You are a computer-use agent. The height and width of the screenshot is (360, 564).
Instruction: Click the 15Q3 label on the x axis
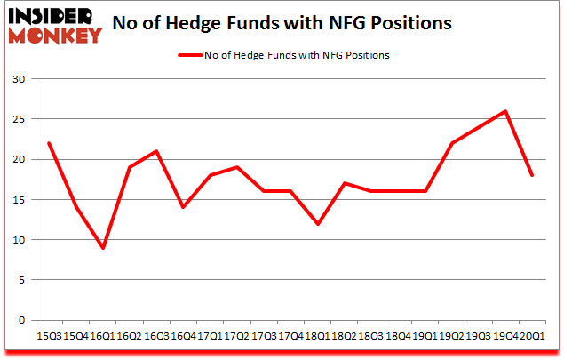coord(50,336)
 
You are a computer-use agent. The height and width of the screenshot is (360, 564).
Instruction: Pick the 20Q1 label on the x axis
coord(533,336)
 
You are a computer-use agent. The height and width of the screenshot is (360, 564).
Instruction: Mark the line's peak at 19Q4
coord(504,111)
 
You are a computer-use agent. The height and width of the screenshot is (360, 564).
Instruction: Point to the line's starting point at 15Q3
coord(50,143)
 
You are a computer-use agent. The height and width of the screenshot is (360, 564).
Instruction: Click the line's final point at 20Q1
coord(532,175)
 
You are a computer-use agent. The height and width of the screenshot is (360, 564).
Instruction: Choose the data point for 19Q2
coord(451,143)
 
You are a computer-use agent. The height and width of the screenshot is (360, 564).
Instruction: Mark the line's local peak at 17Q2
coord(238,167)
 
